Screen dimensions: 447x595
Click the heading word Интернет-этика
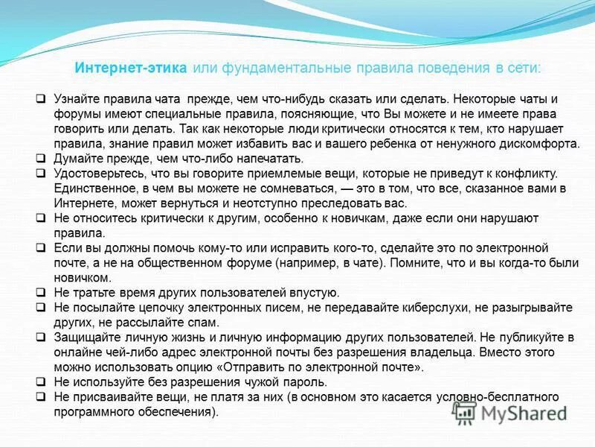(x=130, y=68)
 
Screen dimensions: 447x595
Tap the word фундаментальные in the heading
(x=270, y=68)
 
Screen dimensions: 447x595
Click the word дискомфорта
(x=535, y=143)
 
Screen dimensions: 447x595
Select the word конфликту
(x=524, y=173)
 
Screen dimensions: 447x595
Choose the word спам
(x=205, y=322)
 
